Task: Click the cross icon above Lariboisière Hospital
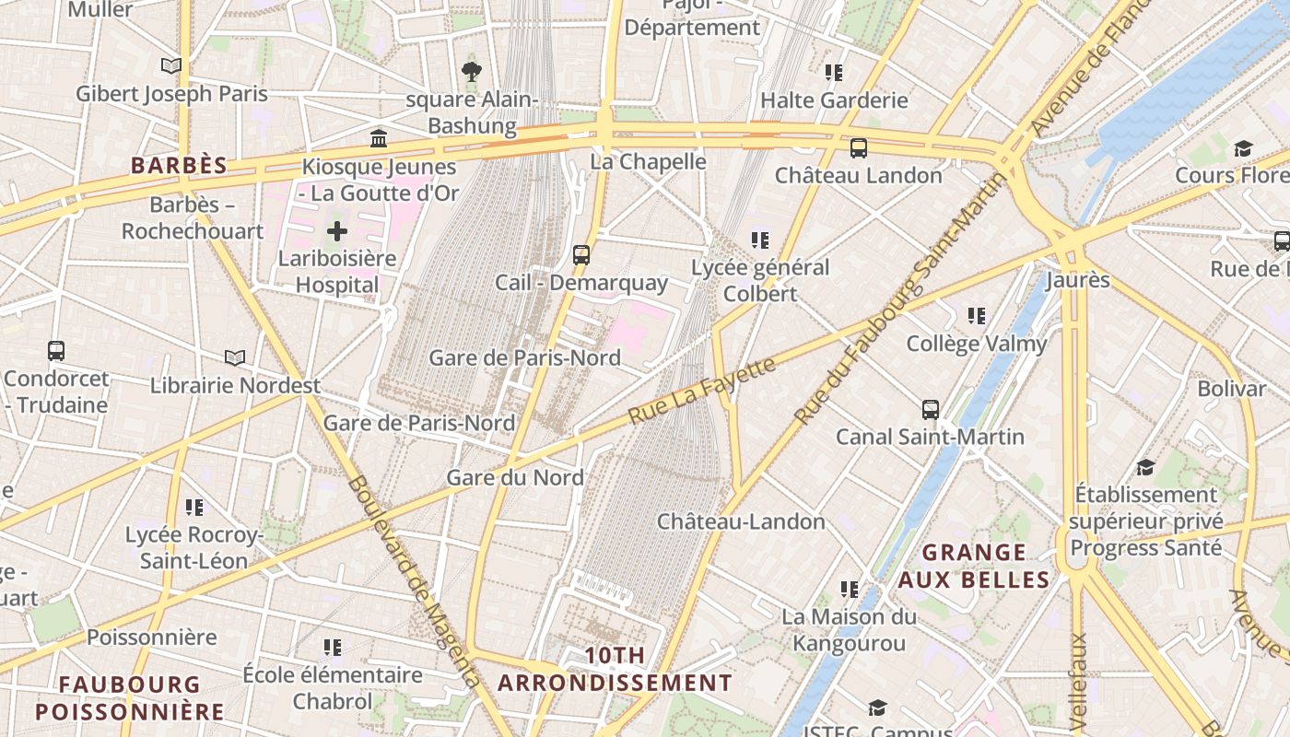tap(337, 231)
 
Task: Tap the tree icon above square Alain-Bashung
tap(472, 71)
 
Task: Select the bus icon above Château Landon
tap(859, 147)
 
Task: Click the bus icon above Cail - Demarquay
tap(581, 255)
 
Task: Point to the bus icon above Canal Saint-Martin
tap(931, 409)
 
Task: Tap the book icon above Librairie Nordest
tap(235, 357)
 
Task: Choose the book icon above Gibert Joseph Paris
tap(170, 65)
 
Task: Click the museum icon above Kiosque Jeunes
tap(379, 139)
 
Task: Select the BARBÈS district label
tap(179, 166)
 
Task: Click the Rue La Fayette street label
tap(702, 392)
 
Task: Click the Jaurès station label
tap(1077, 279)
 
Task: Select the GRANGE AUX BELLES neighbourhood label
tap(974, 566)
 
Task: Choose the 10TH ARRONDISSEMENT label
tap(615, 670)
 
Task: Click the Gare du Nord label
tap(515, 477)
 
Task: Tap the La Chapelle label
tap(648, 161)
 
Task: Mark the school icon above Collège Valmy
tap(977, 317)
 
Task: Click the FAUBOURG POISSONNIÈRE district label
tap(129, 697)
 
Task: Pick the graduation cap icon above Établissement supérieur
tap(1145, 467)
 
